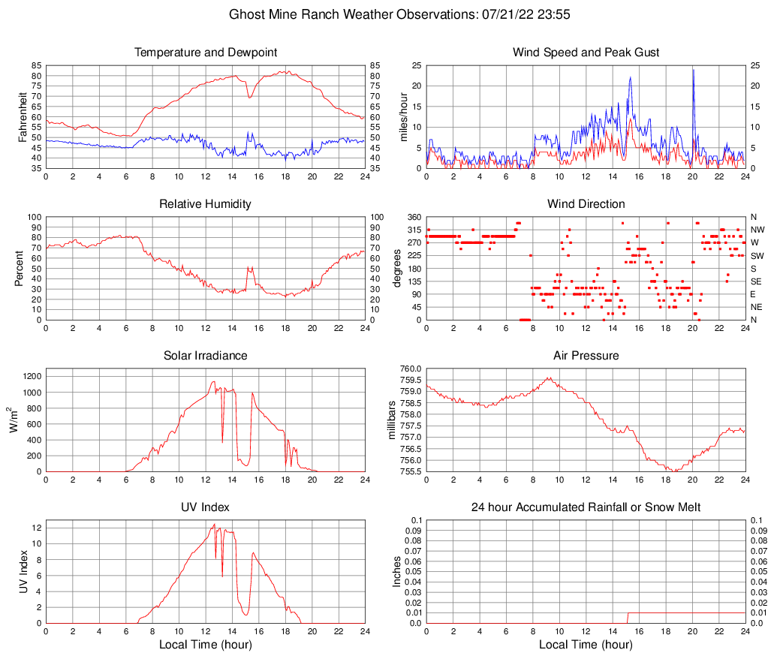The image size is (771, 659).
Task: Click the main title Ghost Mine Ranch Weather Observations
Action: (384, 14)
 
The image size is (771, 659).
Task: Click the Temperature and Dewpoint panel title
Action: (206, 53)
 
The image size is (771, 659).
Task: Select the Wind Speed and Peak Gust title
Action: (586, 53)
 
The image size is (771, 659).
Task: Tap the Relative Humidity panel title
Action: (206, 204)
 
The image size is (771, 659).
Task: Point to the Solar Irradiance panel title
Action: (206, 355)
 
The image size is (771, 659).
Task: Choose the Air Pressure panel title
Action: (586, 355)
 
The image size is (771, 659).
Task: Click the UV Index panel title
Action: (206, 507)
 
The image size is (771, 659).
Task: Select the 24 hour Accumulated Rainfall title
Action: (586, 507)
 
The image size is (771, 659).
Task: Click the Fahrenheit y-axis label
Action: (22, 116)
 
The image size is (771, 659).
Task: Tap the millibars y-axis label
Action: (391, 420)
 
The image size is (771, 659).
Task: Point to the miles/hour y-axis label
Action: (402, 116)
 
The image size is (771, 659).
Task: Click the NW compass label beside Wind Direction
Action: (757, 230)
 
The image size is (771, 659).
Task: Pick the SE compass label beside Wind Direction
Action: (757, 281)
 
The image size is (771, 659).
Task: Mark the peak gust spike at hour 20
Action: (693, 71)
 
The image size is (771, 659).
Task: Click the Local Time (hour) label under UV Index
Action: (206, 645)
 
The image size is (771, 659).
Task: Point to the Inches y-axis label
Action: (398, 572)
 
